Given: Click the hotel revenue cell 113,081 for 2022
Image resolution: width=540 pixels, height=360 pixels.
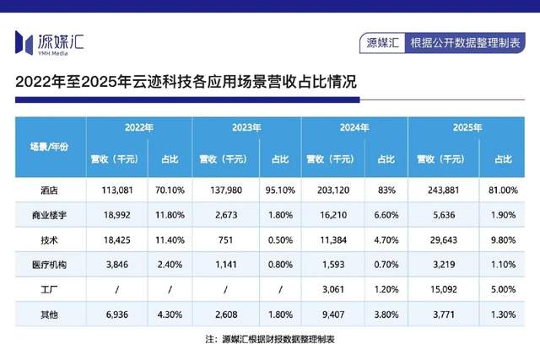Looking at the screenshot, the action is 117,190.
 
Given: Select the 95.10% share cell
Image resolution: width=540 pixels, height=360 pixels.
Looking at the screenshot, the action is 280,190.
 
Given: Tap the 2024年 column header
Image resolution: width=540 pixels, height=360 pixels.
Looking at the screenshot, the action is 354,127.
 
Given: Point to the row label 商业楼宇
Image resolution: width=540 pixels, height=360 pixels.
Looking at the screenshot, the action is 49,215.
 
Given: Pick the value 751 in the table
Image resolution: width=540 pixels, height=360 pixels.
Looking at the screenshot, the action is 225,240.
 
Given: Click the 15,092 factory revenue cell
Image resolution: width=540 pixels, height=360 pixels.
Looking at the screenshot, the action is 444,289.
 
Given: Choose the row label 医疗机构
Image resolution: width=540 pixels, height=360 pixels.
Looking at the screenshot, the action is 49,265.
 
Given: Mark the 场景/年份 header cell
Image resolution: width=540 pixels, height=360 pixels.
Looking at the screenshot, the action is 49,147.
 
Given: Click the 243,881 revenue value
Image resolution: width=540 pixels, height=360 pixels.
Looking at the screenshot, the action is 444,190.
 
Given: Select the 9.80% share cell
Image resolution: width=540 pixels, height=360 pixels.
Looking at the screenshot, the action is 503,240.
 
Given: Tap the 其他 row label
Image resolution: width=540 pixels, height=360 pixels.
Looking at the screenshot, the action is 49,314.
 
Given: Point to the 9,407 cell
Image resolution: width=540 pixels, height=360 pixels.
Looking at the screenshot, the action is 333,314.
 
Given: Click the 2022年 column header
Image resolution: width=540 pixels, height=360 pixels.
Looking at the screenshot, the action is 139,127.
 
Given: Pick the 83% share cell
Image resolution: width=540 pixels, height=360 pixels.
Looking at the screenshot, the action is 386,190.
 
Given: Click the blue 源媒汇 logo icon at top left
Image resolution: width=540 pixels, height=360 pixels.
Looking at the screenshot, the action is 24,43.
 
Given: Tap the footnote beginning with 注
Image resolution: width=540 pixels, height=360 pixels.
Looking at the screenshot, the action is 270,340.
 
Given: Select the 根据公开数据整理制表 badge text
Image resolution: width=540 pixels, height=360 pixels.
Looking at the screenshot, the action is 465,43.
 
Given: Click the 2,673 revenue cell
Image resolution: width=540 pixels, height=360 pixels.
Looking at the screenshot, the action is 226,215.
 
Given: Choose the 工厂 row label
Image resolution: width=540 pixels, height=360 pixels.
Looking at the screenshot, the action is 49,290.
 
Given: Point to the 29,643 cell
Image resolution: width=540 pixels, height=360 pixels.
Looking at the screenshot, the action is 444,240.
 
